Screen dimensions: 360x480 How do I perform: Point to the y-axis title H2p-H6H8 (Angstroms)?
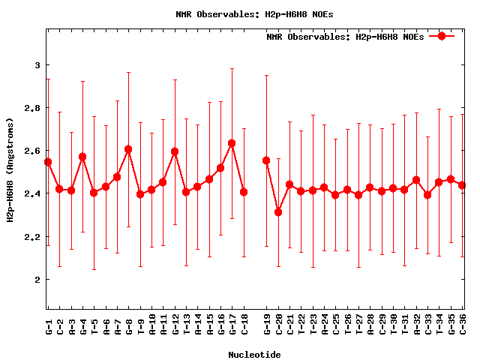(x=11, y=169)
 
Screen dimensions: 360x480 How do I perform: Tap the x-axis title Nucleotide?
(x=255, y=355)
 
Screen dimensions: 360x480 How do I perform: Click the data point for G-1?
(x=48, y=162)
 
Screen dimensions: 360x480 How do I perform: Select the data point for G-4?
(x=82, y=157)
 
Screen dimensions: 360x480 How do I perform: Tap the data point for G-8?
(x=128, y=149)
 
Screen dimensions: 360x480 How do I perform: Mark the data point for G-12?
(x=175, y=151)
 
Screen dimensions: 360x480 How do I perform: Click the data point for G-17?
(x=232, y=143)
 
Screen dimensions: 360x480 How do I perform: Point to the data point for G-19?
(x=266, y=160)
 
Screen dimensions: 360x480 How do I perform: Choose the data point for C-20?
(x=278, y=212)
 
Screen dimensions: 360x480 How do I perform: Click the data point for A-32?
(x=416, y=180)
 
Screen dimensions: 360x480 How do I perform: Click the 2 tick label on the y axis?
(x=36, y=280)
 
